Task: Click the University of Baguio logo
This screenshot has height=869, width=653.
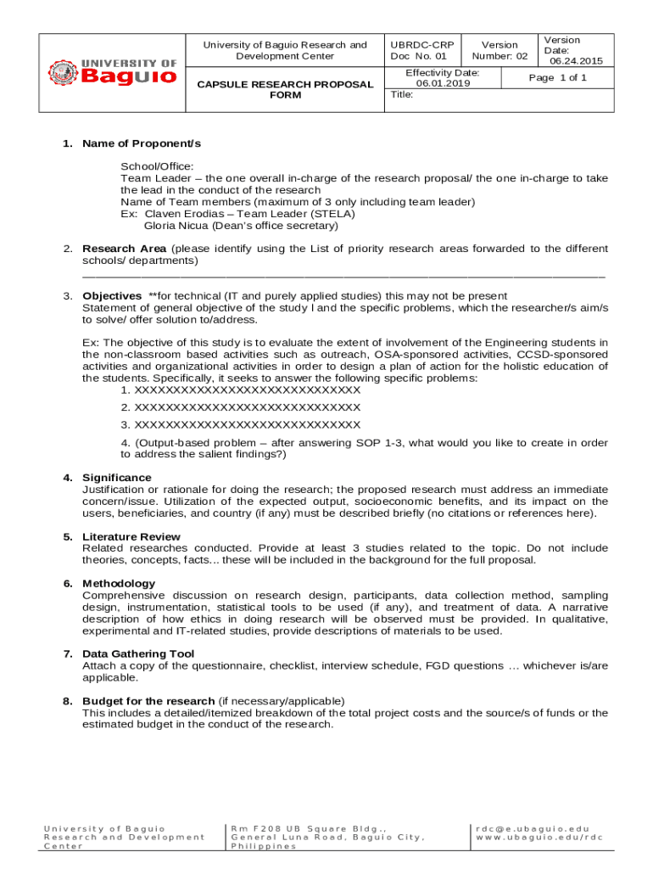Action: pyautogui.click(x=112, y=72)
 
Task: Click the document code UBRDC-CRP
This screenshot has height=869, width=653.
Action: pyautogui.click(x=421, y=45)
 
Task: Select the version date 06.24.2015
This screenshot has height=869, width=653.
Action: pyautogui.click(x=576, y=61)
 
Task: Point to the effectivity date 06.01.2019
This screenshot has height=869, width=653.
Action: pyautogui.click(x=442, y=84)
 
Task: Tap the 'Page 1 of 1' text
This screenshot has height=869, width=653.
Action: pyautogui.click(x=557, y=78)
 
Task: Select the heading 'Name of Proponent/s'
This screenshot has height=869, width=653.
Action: pyautogui.click(x=142, y=143)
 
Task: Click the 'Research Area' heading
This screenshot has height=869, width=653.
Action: pyautogui.click(x=124, y=249)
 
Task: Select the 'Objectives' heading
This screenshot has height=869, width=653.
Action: pyautogui.click(x=112, y=296)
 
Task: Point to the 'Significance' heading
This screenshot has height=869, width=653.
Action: pyautogui.click(x=117, y=478)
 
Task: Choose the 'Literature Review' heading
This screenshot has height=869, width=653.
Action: pyautogui.click(x=131, y=536)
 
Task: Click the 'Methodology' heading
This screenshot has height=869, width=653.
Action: pyautogui.click(x=119, y=583)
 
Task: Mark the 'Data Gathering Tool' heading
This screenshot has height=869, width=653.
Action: pyautogui.click(x=138, y=653)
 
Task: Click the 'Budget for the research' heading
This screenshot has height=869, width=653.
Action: pyautogui.click(x=148, y=701)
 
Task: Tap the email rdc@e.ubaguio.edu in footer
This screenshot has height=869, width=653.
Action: pyautogui.click(x=532, y=828)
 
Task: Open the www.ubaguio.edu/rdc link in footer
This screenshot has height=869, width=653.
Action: pyautogui.click(x=539, y=838)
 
